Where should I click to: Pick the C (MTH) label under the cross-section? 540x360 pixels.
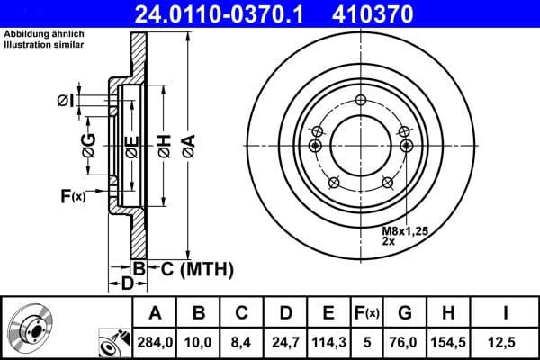pyautogui.click(x=197, y=268)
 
